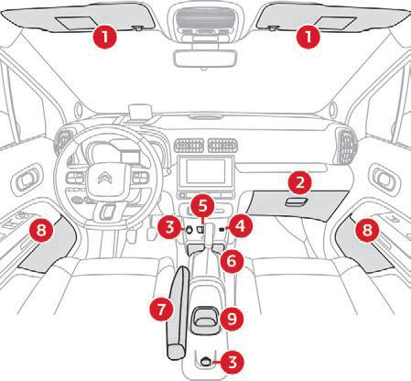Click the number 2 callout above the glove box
pyautogui.click(x=300, y=182)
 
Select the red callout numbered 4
pyautogui.click(x=241, y=226)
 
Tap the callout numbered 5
pyautogui.click(x=202, y=205)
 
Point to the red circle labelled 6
pyautogui.click(x=232, y=261)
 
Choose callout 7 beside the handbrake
pyautogui.click(x=161, y=309)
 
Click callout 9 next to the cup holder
pyautogui.click(x=232, y=319)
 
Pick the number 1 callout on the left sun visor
pyautogui.click(x=104, y=37)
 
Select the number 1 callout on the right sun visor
pyautogui.click(x=308, y=37)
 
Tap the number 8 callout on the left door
pyautogui.click(x=41, y=230)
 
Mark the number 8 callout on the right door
pyautogui.click(x=367, y=230)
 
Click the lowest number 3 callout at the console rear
pyautogui.click(x=233, y=362)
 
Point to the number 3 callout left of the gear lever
pyautogui.click(x=169, y=227)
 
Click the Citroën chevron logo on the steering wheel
pyautogui.click(x=104, y=179)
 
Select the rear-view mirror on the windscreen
pyautogui.click(x=205, y=58)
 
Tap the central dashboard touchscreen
pyautogui.click(x=206, y=171)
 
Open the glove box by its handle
pyautogui.click(x=297, y=202)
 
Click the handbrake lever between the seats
pyautogui.click(x=178, y=312)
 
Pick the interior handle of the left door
pyautogui.click(x=27, y=180)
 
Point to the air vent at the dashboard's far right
pyautogui.click(x=346, y=146)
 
